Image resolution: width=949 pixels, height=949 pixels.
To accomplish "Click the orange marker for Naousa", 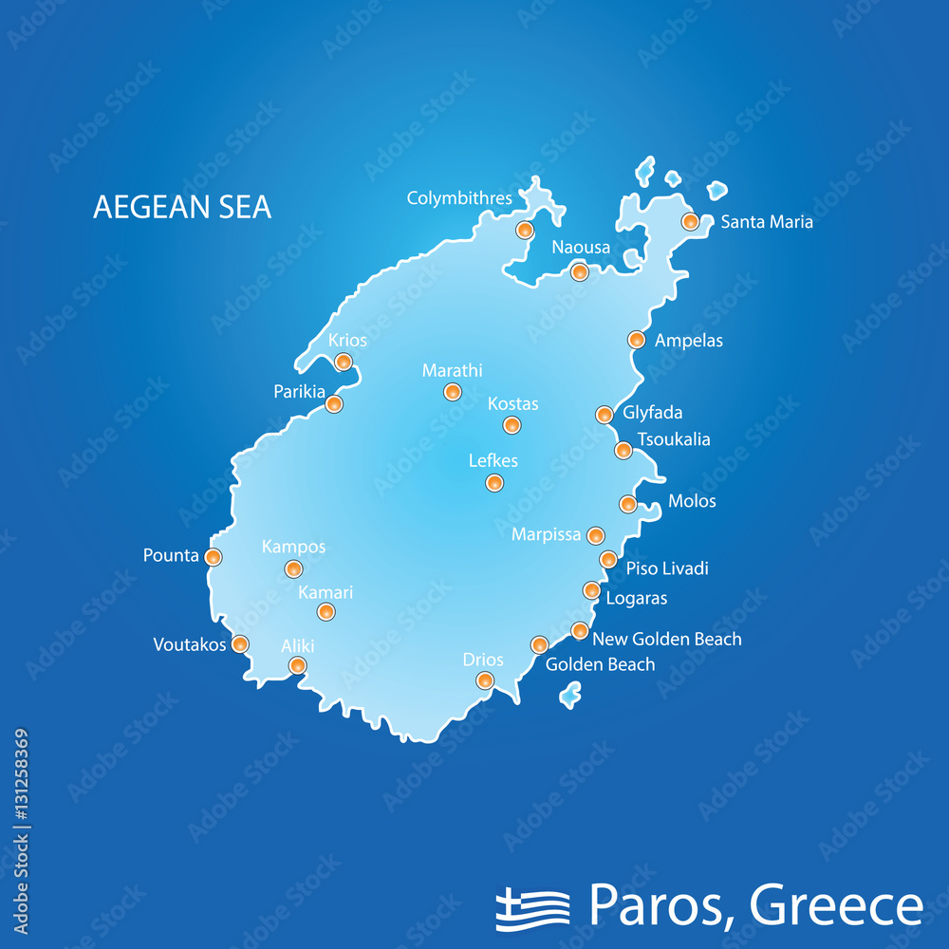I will [x=580, y=272].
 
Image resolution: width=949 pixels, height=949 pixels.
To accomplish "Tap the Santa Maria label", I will [x=767, y=222].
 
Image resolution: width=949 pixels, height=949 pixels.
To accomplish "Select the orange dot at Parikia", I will [x=334, y=404].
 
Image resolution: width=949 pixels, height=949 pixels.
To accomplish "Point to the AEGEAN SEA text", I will [x=182, y=207].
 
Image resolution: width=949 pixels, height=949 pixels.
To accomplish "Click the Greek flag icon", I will [x=532, y=908].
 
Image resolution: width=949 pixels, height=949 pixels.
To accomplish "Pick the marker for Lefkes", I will [x=494, y=483].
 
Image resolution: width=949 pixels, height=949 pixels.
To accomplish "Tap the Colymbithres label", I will [x=459, y=198].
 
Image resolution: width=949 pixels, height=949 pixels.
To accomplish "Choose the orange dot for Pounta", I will [x=214, y=557].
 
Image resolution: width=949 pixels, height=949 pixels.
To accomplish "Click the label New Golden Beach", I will [x=666, y=639].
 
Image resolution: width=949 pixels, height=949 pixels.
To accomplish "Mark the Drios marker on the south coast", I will [x=485, y=679].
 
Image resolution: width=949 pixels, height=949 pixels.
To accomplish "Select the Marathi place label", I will [x=452, y=371].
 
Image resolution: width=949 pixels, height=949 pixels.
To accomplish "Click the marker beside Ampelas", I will [x=637, y=340].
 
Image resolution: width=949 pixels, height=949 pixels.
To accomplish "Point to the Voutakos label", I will [x=190, y=645].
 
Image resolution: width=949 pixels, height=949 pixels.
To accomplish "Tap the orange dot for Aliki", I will [x=298, y=665].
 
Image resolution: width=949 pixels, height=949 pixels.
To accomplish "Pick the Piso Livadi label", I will [x=667, y=568].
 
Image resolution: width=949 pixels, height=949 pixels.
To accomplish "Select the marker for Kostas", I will [x=512, y=425].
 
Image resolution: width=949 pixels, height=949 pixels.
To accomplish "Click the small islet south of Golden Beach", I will [x=569, y=698].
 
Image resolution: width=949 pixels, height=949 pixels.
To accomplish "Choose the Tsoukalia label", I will [x=673, y=439].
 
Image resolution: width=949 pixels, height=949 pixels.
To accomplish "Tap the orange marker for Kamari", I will [x=326, y=612].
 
